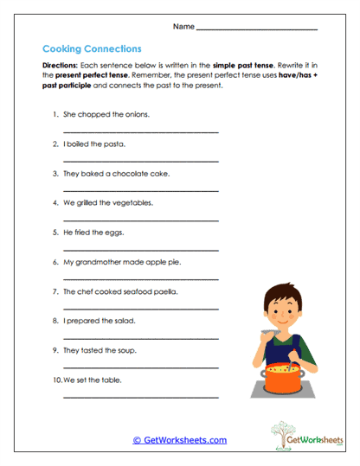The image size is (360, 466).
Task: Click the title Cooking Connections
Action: [x=92, y=49]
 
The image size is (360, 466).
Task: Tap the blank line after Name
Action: [x=257, y=29]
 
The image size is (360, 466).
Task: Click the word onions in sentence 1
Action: [x=137, y=114]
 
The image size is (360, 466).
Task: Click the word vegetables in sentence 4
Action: [x=134, y=202]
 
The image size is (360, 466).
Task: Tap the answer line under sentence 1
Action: [x=141, y=131]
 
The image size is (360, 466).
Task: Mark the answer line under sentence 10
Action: [x=141, y=397]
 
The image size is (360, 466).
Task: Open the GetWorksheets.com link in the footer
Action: [x=180, y=440]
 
